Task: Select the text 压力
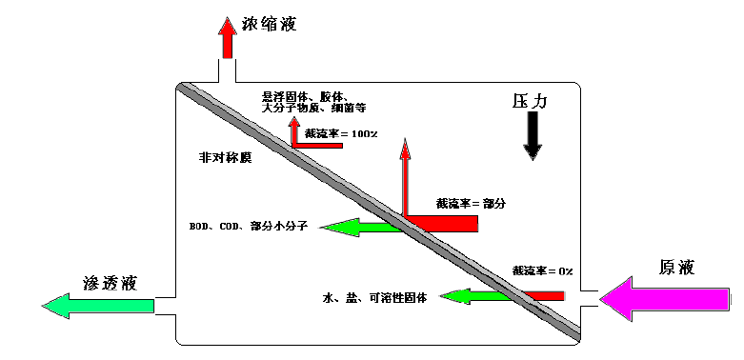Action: pyautogui.click(x=532, y=99)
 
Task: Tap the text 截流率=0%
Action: pyautogui.click(x=542, y=271)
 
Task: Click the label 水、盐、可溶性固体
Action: pyautogui.click(x=372, y=297)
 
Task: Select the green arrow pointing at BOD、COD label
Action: pyautogui.click(x=357, y=226)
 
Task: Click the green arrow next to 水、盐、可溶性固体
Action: pyautogui.click(x=473, y=296)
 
